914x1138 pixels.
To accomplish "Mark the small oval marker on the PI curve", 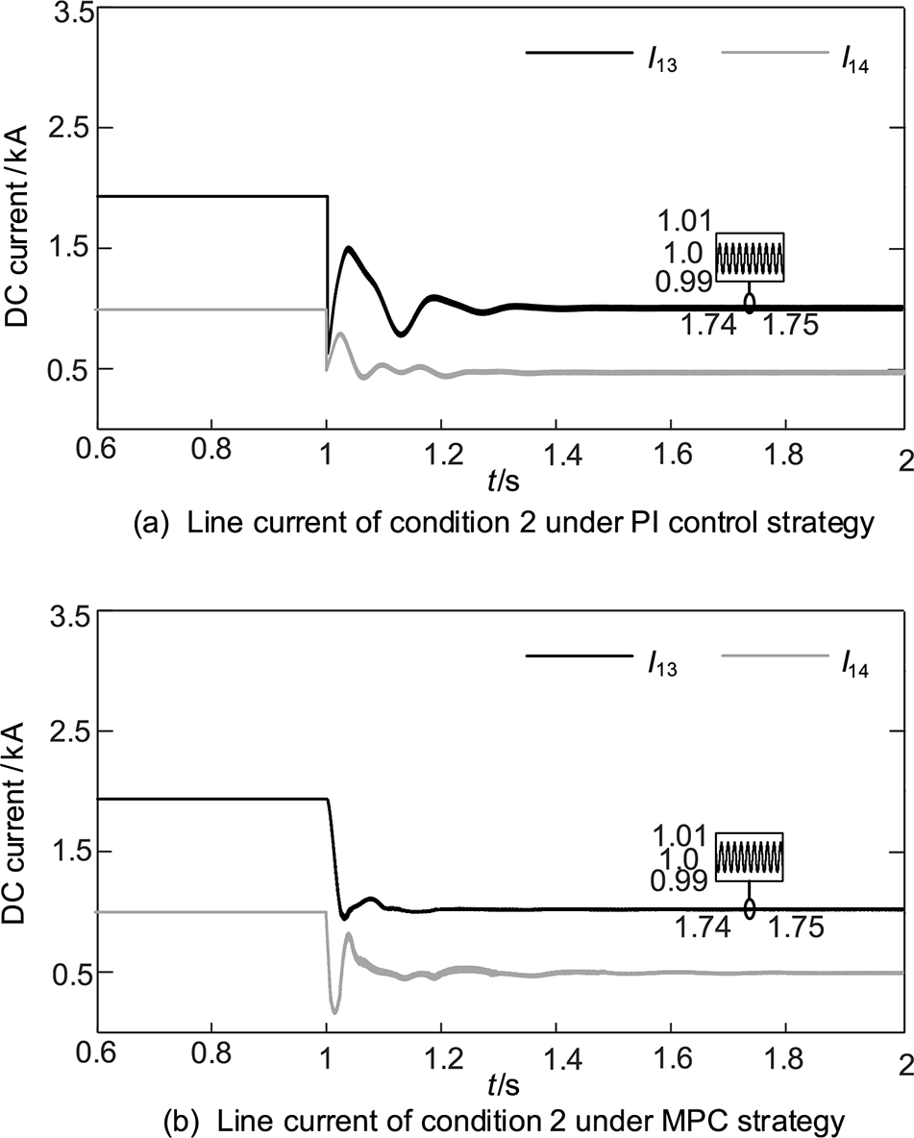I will tap(750, 304).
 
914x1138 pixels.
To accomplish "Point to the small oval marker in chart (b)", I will tap(750, 907).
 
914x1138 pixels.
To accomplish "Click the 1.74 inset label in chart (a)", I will tap(708, 327).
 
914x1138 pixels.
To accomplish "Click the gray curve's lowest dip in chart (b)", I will tap(334, 1011).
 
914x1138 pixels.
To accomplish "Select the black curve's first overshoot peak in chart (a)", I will tap(348, 249).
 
